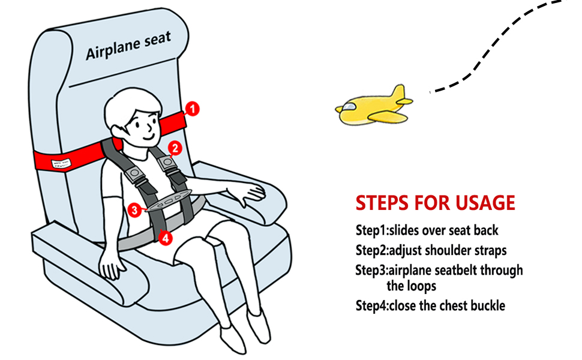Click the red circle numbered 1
(192, 109)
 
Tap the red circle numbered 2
(175, 147)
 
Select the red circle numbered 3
(136, 209)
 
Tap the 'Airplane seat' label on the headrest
(128, 46)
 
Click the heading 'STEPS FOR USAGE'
(435, 203)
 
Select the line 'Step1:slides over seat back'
(427, 230)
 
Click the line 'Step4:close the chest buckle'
(430, 305)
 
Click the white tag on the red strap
(62, 163)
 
